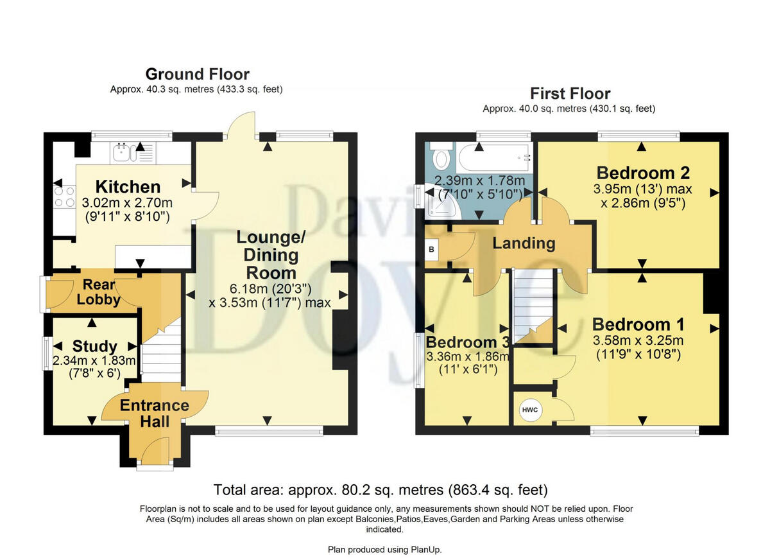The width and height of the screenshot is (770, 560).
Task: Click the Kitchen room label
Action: click(128, 187)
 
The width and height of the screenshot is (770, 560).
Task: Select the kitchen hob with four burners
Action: click(64, 197)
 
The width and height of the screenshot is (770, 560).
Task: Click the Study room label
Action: click(94, 347)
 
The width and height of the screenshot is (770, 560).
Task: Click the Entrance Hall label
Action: click(154, 413)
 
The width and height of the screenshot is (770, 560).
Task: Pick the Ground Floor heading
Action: click(197, 74)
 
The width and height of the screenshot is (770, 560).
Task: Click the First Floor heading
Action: click(569, 93)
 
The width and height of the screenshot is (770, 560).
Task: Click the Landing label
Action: click(524, 243)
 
